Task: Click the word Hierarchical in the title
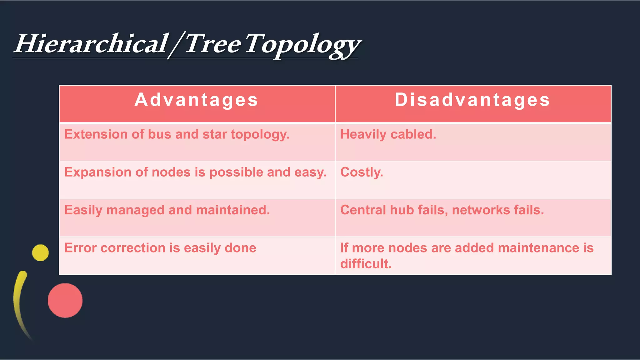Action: click(x=91, y=44)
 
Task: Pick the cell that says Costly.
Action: click(x=361, y=172)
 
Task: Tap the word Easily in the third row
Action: click(x=83, y=210)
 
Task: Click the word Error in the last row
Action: click(x=80, y=248)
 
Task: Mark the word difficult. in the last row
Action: click(x=366, y=264)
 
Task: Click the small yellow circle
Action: click(x=40, y=252)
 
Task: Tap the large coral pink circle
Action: click(x=65, y=300)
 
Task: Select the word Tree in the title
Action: click(x=212, y=44)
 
